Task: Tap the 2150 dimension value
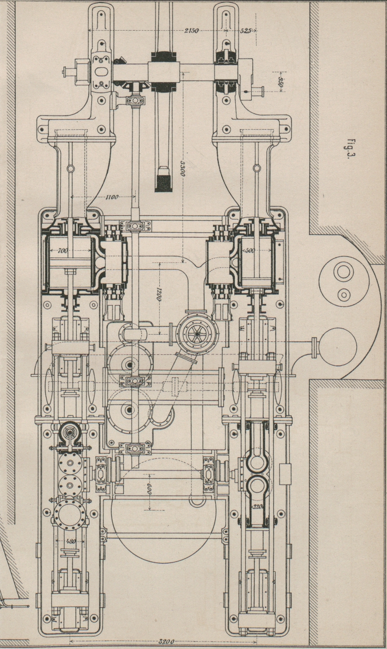click(x=192, y=31)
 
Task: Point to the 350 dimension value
click(x=279, y=82)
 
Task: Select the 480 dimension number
click(x=70, y=541)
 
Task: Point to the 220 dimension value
click(x=257, y=507)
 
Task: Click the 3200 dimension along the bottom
click(x=164, y=640)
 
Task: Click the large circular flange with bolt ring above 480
click(x=70, y=513)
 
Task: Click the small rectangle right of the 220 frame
click(x=285, y=473)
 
